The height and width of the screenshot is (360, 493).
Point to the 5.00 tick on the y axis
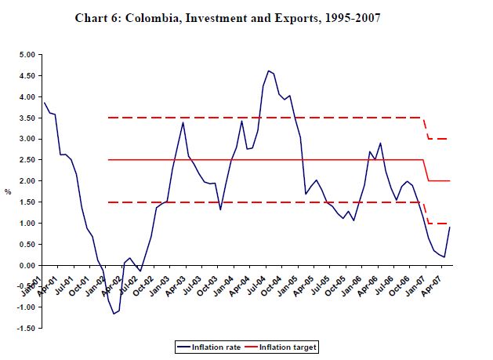pyautogui.click(x=27, y=55)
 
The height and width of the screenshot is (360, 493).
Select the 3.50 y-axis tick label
pyautogui.click(x=27, y=118)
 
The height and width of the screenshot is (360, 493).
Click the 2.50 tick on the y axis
pyautogui.click(x=27, y=160)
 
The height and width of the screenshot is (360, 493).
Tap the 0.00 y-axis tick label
pyautogui.click(x=27, y=265)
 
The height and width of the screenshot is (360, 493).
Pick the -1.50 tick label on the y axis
pyautogui.click(x=25, y=329)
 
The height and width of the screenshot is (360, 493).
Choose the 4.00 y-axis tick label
pyautogui.click(x=27, y=97)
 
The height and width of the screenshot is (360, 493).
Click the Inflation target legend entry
pyautogui.click(x=284, y=345)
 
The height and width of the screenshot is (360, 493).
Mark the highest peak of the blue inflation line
pyautogui.click(x=268, y=71)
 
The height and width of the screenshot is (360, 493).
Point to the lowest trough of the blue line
pyautogui.click(x=114, y=314)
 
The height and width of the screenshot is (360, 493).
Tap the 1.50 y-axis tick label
pyautogui.click(x=27, y=202)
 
